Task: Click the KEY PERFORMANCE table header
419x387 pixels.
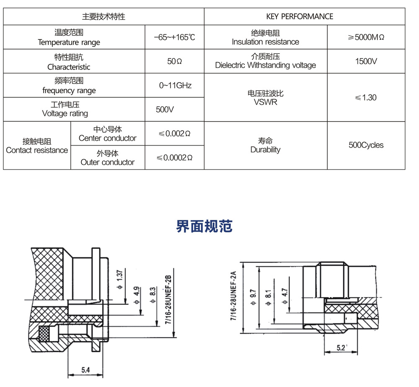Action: [300, 16]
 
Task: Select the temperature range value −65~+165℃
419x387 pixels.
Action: [174, 37]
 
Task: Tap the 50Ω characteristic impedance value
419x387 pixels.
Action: [174, 61]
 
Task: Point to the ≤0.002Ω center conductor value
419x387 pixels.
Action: [174, 133]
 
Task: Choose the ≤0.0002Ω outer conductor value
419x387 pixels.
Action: [174, 158]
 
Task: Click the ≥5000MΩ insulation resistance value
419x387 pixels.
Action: [366, 37]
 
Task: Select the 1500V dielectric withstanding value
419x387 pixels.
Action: [366, 61]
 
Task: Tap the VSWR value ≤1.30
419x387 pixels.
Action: [366, 97]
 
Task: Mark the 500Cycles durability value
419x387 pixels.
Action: [366, 145]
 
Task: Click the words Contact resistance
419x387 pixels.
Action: [37, 150]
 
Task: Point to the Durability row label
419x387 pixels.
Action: [265, 150]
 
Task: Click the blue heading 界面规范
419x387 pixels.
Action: [204, 226]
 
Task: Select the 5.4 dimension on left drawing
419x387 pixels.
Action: [85, 370]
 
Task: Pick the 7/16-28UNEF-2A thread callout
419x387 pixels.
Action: [233, 296]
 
